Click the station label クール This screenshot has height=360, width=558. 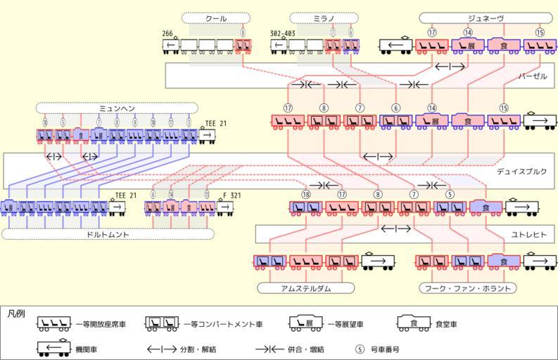click(211, 18)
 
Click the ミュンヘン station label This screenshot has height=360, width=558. click(117, 108)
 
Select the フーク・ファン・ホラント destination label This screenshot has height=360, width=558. click(467, 288)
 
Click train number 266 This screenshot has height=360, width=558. click(167, 33)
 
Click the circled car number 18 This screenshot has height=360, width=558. click(305, 194)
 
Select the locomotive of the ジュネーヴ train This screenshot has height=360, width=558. click(396, 46)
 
